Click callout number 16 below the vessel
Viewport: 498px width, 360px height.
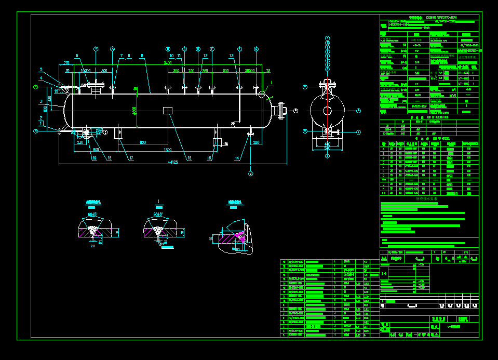(x=190, y=158)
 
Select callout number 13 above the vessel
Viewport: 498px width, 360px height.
(x=231, y=55)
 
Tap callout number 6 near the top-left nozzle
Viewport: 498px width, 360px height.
(x=76, y=55)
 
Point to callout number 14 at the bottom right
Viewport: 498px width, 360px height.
(x=237, y=158)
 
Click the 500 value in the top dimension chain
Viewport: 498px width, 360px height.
(x=225, y=71)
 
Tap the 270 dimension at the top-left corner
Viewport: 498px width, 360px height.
(x=66, y=63)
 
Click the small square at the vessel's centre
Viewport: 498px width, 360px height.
(x=167, y=111)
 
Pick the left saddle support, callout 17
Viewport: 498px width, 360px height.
(x=119, y=132)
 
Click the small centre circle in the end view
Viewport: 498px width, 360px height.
(x=327, y=110)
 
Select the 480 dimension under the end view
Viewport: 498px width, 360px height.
(x=327, y=144)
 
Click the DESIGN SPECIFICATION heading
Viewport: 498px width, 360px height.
(x=441, y=18)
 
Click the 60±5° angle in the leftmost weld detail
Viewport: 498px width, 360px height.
(x=93, y=214)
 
